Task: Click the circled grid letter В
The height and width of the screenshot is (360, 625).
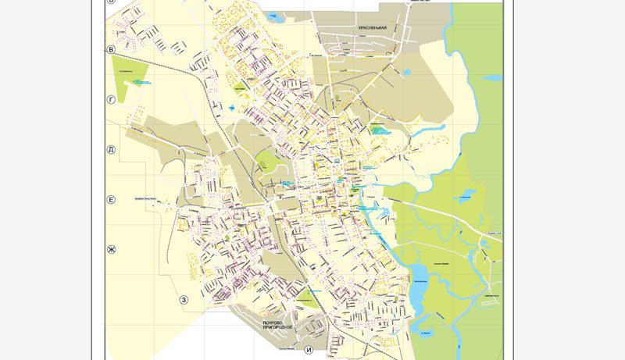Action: pos(112,50)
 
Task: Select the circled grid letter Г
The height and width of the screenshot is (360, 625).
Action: pos(112,100)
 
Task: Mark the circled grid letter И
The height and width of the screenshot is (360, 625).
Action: pos(309,349)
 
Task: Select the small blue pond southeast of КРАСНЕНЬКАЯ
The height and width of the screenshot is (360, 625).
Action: pos(406,73)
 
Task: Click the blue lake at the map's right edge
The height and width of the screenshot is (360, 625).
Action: pos(492,78)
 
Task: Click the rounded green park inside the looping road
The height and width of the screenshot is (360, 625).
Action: pos(268,162)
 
